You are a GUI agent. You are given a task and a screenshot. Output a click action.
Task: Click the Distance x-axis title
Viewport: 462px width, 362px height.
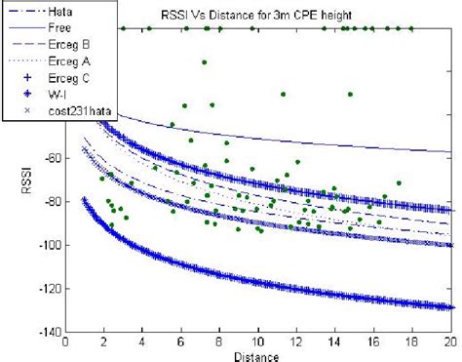pyautogui.click(x=258, y=354)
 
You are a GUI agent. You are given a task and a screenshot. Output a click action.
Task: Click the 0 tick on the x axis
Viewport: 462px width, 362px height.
pyautogui.click(x=65, y=342)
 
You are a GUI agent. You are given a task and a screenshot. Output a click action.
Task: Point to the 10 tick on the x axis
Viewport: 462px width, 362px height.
pyautogui.click(x=258, y=342)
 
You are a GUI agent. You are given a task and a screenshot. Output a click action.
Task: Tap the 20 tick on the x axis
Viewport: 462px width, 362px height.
pyautogui.click(x=450, y=342)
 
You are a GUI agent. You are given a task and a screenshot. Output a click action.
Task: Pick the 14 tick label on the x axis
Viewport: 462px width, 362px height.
pyautogui.click(x=335, y=342)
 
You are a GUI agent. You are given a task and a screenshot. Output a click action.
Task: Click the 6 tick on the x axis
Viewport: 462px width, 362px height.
pyautogui.click(x=181, y=342)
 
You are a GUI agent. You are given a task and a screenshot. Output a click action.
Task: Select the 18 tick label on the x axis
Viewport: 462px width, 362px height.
pyautogui.click(x=412, y=342)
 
